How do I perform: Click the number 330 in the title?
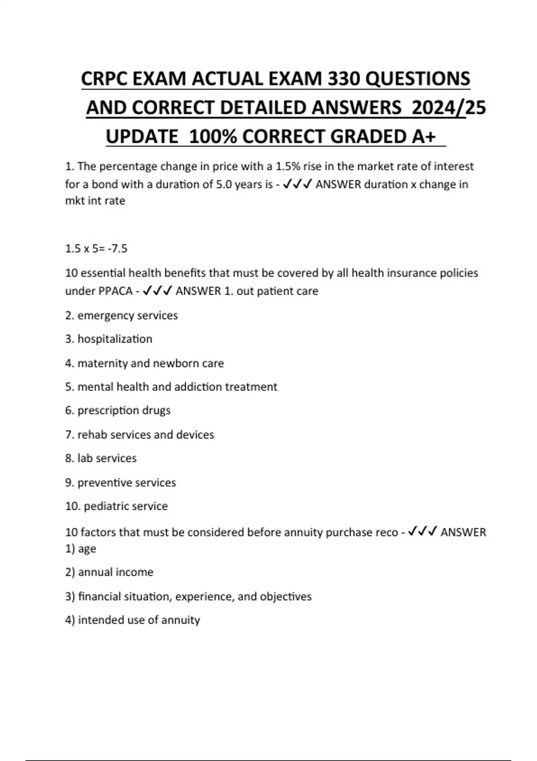(344, 79)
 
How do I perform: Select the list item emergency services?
(121, 316)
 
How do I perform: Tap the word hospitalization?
(115, 339)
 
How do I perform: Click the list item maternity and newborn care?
(144, 363)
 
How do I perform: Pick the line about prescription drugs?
(118, 410)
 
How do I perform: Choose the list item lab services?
(101, 458)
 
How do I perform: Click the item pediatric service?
(116, 506)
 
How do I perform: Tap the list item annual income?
(109, 572)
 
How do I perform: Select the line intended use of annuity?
(132, 620)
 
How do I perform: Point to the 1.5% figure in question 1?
(287, 167)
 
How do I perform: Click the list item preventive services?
(120, 483)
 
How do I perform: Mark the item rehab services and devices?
(139, 435)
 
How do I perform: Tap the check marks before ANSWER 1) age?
(422, 532)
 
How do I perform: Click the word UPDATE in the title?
(142, 137)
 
